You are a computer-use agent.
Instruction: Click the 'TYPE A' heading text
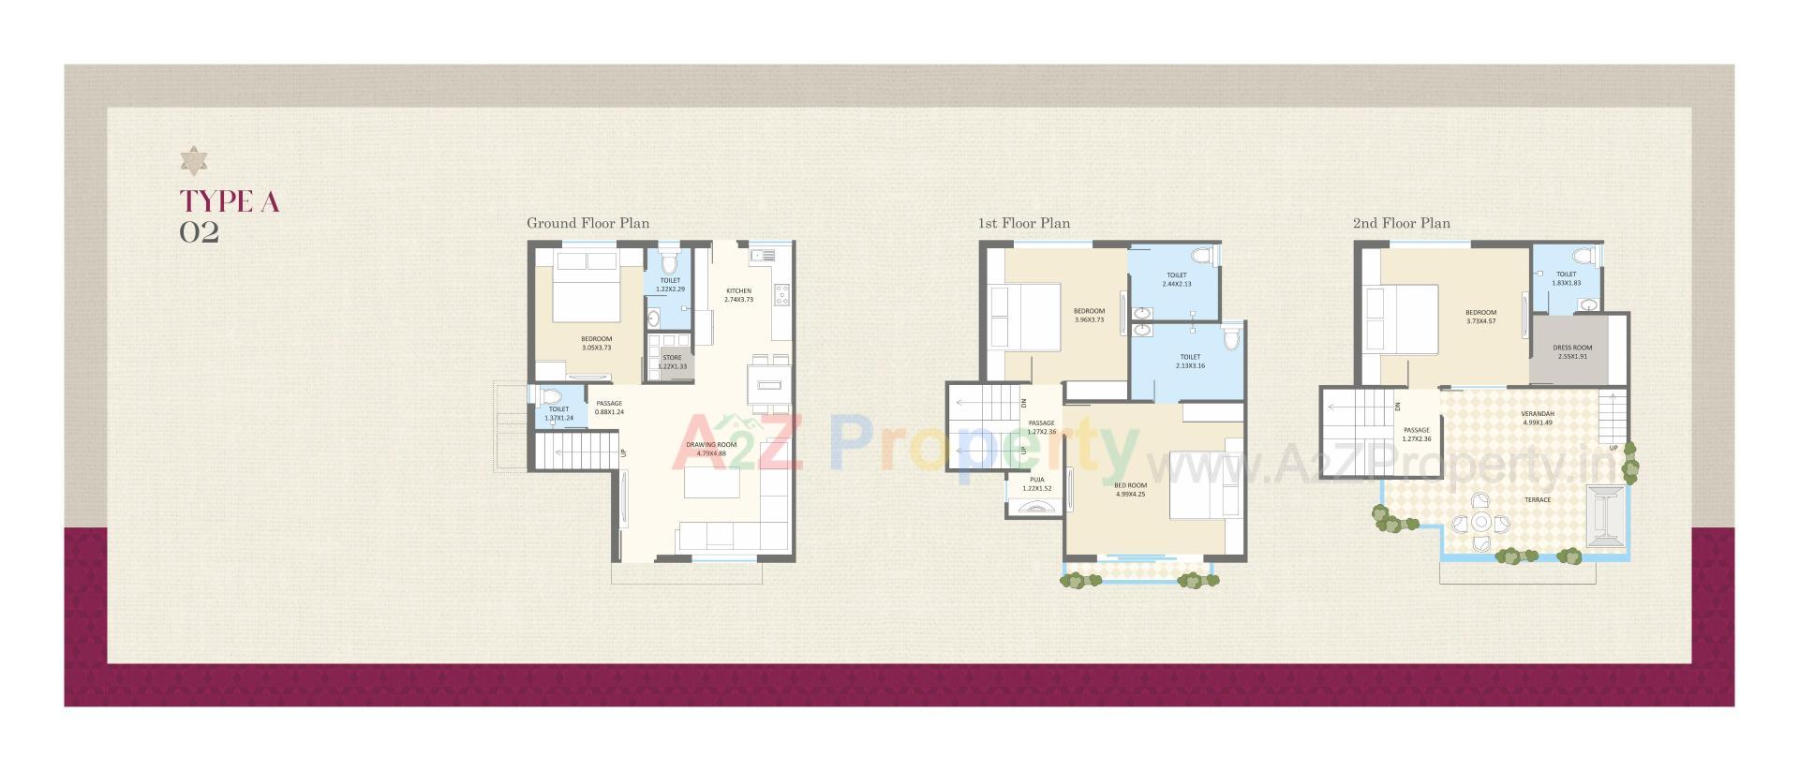[x=230, y=201]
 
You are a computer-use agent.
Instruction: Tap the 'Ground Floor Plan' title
[x=587, y=223]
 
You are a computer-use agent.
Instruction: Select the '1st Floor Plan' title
[x=1023, y=223]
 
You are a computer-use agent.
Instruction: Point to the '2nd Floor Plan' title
[x=1401, y=223]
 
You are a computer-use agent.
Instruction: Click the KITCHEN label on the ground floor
[x=738, y=291]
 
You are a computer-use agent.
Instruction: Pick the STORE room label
[x=672, y=358]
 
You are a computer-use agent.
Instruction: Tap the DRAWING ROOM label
[x=711, y=445]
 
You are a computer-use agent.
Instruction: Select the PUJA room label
[x=1036, y=480]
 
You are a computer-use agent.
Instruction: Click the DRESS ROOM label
[x=1572, y=348]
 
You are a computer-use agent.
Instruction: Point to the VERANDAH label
[x=1538, y=413]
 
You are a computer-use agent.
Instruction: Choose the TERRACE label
[x=1538, y=500]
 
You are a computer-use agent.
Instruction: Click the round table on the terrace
[x=1481, y=522]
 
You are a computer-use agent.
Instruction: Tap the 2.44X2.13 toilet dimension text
[x=1176, y=284]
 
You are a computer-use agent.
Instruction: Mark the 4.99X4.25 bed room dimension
[x=1130, y=494]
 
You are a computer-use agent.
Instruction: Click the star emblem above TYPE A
[x=194, y=161]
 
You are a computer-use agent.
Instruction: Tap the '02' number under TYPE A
[x=200, y=232]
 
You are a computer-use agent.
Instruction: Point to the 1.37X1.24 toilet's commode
[x=550, y=397]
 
